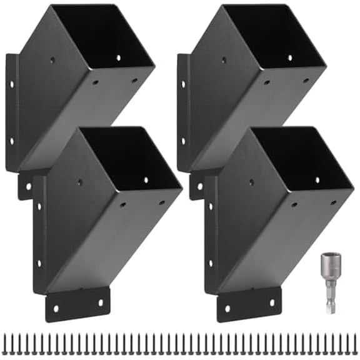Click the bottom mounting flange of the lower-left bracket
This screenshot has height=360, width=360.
coord(77,305)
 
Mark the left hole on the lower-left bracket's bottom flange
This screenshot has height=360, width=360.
coord(56,308)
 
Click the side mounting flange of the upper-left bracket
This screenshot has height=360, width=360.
coord(11,112)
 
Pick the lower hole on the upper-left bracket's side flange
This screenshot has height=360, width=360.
coord(12,142)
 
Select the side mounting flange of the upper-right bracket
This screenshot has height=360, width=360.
coord(182,112)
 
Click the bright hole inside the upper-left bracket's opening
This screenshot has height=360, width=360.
coord(118,57)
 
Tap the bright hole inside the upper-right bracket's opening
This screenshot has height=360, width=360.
coord(289,57)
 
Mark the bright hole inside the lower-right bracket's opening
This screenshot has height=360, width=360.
coord(317,180)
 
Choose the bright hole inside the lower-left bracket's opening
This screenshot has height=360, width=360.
coord(146,179)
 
